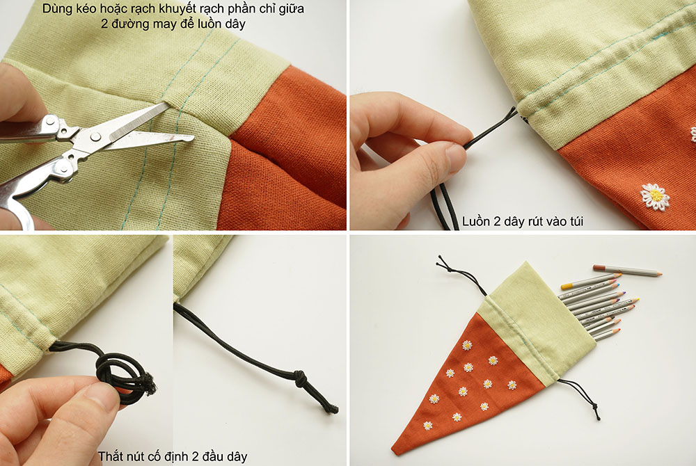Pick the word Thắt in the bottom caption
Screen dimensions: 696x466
pos(110,456)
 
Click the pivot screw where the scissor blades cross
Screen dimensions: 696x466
pos(95,137)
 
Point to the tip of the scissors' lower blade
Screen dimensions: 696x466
pos(193,138)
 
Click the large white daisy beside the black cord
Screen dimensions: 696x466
pos(655,197)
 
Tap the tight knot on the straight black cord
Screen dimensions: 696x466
pos(300,378)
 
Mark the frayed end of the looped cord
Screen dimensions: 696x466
pos(150,385)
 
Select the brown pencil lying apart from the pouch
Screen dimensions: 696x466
pos(627,270)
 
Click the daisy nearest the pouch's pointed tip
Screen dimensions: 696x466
pos(427,426)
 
